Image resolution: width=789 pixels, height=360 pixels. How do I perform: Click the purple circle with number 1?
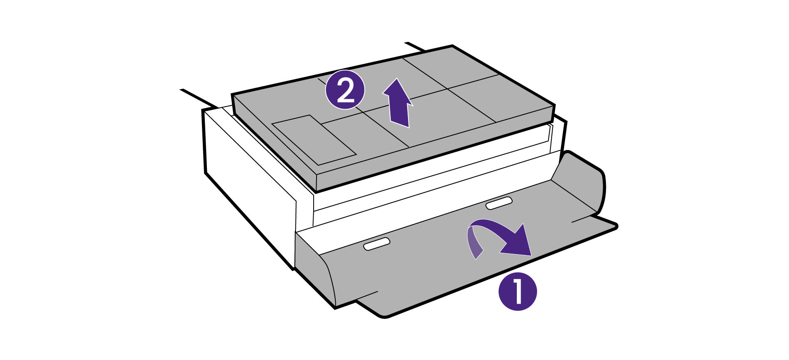pyautogui.click(x=517, y=291)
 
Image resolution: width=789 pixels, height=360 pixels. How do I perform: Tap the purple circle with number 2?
pyautogui.click(x=345, y=91)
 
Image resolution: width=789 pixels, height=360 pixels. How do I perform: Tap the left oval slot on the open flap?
pyautogui.click(x=376, y=244)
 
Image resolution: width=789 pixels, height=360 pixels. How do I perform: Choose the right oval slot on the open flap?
pyautogui.click(x=499, y=203)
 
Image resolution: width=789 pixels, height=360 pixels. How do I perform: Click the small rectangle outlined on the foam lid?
pyautogui.click(x=314, y=140)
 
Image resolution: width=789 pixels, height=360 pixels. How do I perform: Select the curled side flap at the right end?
pyautogui.click(x=583, y=181)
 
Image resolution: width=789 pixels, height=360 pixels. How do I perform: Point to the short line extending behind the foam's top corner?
pyautogui.click(x=415, y=46)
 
